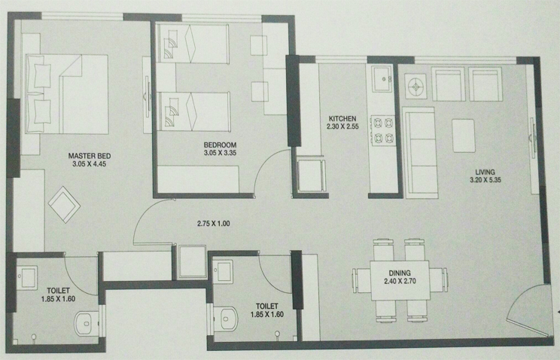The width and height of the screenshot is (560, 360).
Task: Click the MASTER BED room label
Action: (90, 156)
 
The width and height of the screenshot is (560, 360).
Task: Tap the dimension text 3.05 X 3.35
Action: (220, 153)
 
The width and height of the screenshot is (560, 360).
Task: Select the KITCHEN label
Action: (342, 118)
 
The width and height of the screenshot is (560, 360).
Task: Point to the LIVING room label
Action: (485, 172)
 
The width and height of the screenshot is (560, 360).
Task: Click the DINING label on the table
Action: (400, 273)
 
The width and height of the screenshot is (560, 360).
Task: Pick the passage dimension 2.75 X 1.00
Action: (214, 224)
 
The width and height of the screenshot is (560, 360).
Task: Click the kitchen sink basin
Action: (382, 78)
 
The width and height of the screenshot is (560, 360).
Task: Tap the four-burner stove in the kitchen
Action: (383, 130)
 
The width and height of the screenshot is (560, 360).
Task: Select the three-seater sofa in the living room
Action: (420, 152)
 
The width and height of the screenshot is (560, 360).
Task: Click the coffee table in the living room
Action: (464, 136)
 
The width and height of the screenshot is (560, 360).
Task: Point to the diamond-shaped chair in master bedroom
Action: (64, 205)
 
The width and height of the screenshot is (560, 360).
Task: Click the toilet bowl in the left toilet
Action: (86, 323)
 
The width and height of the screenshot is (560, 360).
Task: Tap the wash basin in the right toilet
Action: (223, 272)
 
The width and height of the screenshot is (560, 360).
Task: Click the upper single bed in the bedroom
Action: (193, 44)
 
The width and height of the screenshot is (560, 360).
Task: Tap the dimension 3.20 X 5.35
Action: (485, 180)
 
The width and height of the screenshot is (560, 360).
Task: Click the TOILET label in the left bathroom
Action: (58, 291)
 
